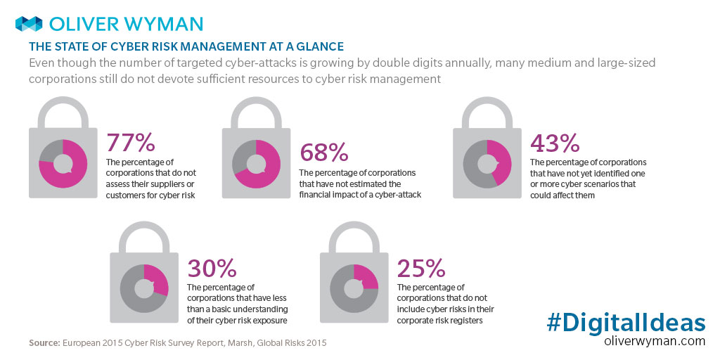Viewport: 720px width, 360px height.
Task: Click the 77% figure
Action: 130,142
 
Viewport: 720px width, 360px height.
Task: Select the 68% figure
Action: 324,153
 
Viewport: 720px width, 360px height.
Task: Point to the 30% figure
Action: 211,268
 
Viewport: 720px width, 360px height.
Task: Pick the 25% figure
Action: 420,268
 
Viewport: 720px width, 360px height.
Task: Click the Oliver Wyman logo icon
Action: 30,24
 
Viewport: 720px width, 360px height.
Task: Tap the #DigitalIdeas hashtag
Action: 626,323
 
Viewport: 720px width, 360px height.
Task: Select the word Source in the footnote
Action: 44,342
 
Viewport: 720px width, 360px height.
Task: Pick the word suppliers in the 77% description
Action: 167,184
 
